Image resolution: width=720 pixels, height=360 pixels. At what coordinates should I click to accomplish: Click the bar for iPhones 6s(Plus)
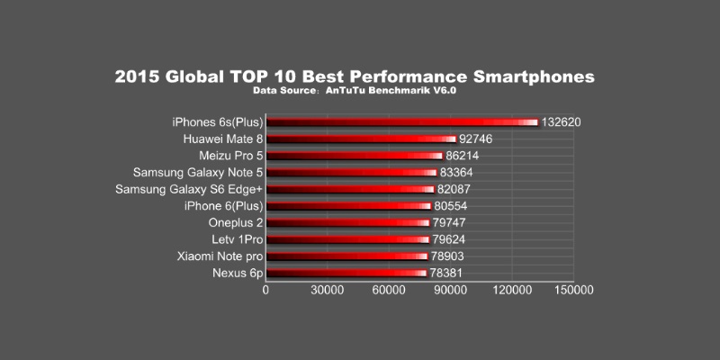[400, 122]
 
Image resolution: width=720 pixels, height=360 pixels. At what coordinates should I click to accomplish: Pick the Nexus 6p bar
[346, 273]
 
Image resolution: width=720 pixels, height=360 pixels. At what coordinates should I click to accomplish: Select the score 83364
[458, 173]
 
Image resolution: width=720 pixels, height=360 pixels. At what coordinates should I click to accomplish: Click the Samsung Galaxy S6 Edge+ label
[188, 189]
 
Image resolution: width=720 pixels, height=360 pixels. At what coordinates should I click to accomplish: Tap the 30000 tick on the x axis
[327, 292]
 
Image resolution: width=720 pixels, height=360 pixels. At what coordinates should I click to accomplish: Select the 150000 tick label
[573, 292]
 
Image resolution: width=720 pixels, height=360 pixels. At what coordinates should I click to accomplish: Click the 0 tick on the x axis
[265, 292]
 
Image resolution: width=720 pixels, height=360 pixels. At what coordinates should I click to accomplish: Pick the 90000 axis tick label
[450, 292]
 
